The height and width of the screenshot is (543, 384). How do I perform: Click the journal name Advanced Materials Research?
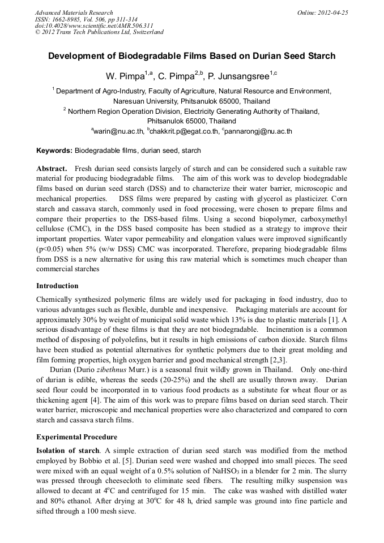pyautogui.click(x=74, y=12)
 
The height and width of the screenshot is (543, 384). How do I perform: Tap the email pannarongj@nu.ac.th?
pyautogui.click(x=259, y=131)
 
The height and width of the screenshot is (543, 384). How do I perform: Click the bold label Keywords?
pyautogui.click(x=54, y=151)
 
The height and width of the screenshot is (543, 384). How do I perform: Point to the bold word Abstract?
pyautogui.click(x=52, y=169)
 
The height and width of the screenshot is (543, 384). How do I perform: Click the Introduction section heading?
pyautogui.click(x=57, y=286)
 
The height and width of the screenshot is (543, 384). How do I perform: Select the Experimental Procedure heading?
pyautogui.click(x=76, y=437)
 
